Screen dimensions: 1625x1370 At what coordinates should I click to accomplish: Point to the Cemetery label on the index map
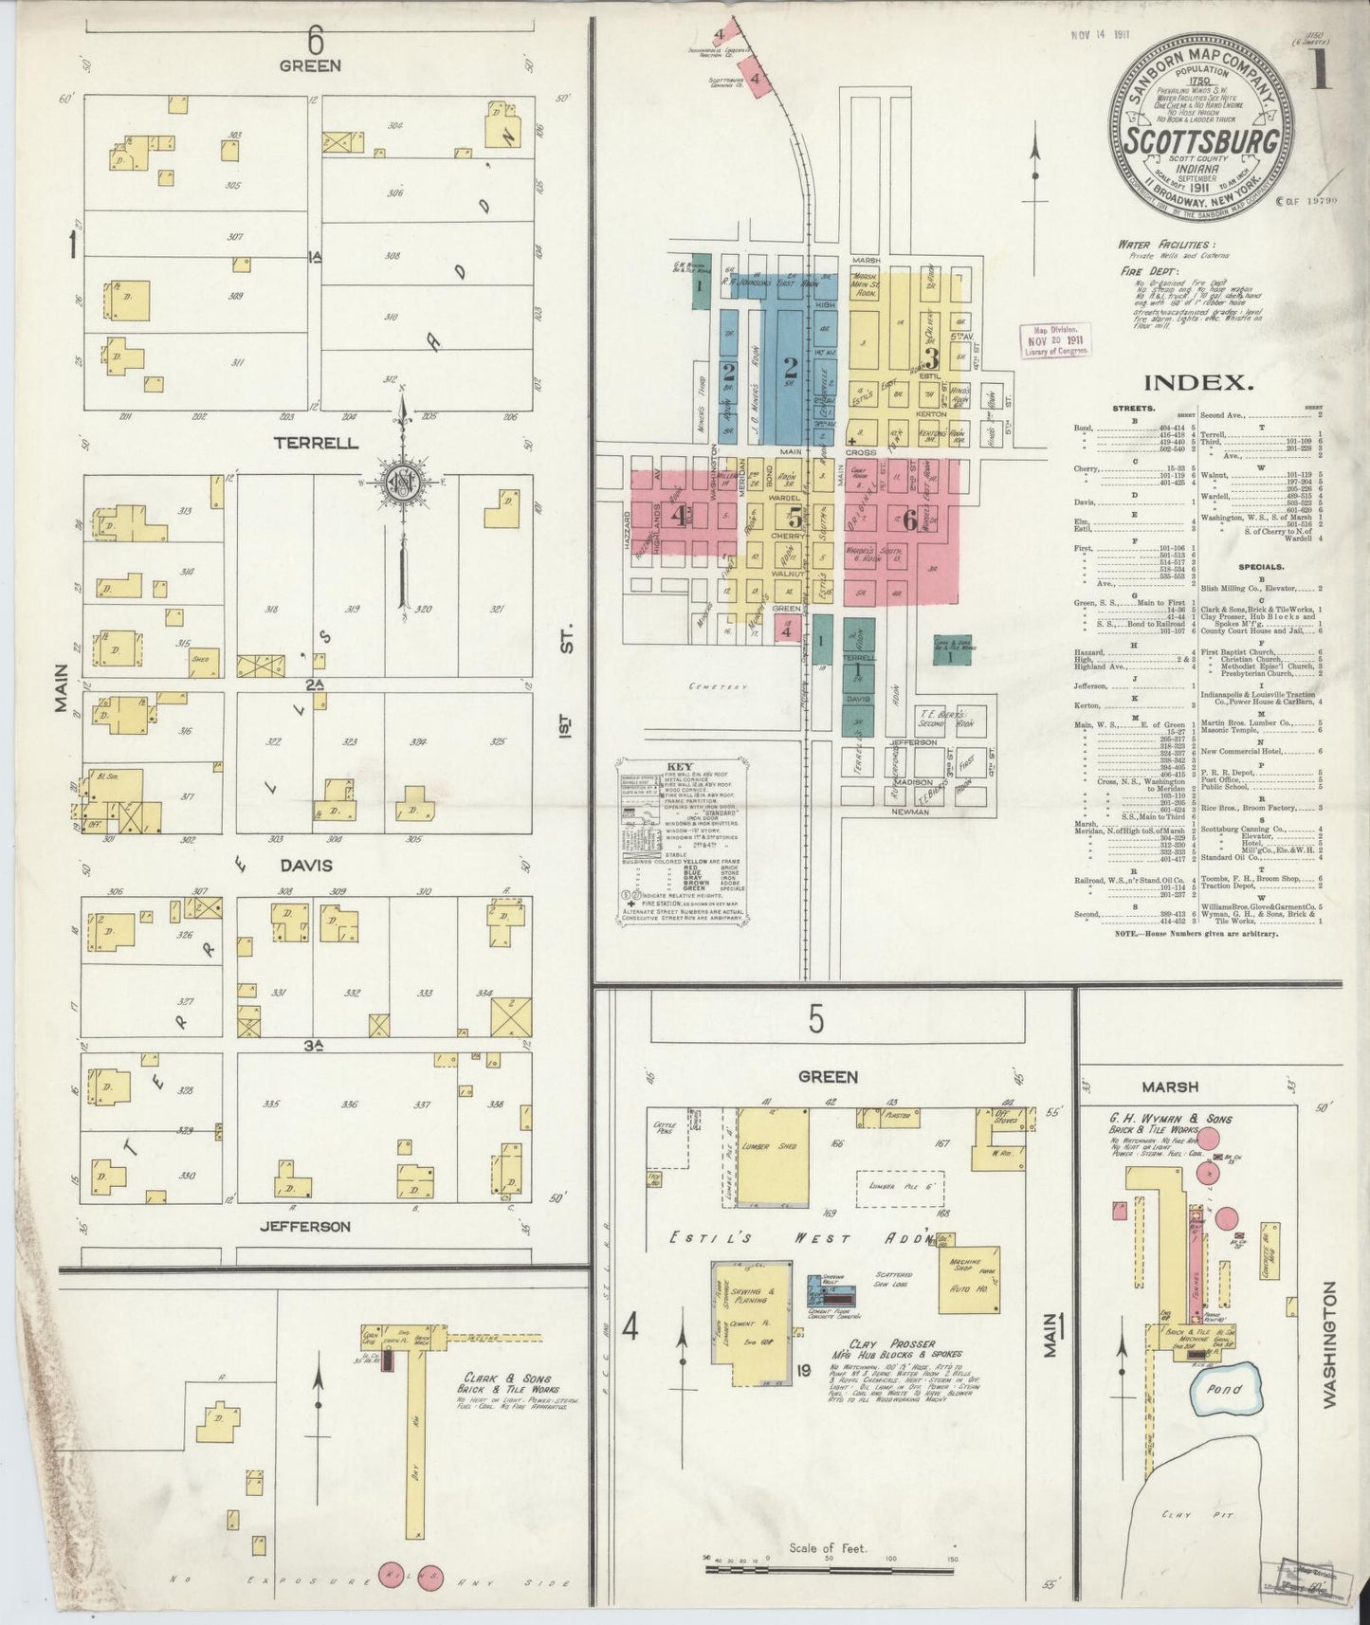click(719, 685)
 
